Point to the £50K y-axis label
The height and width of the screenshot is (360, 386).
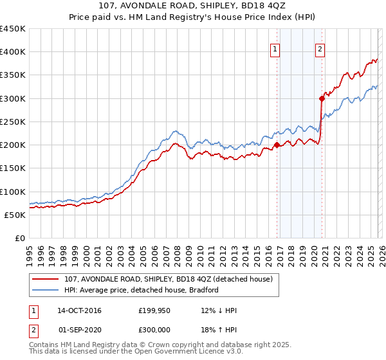[14, 215]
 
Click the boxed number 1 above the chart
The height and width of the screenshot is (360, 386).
[275, 48]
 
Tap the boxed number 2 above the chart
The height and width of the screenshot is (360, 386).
[320, 48]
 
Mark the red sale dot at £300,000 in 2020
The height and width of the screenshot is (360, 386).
[322, 98]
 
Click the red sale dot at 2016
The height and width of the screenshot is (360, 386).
[277, 145]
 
